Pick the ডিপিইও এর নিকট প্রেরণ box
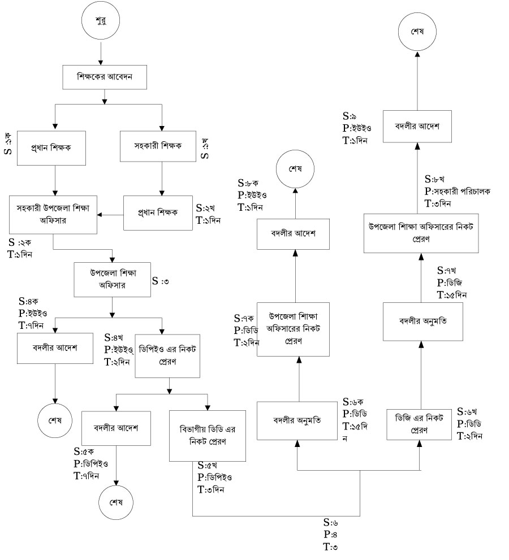click(x=167, y=354)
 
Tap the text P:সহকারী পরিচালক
click(x=458, y=191)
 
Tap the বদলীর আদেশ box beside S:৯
click(x=417, y=125)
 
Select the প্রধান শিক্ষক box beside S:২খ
click(x=157, y=213)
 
